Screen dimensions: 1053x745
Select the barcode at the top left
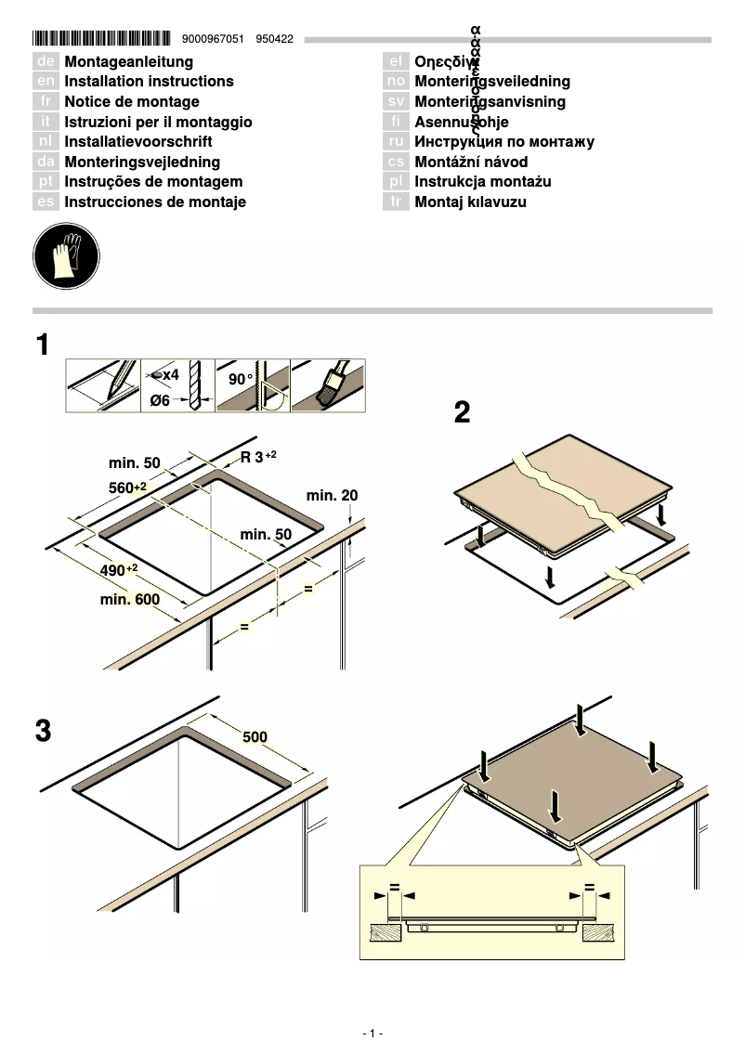[101, 39]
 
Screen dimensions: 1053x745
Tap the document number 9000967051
[215, 40]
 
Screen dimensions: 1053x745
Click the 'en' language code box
[46, 82]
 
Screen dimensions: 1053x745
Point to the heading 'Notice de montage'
[131, 102]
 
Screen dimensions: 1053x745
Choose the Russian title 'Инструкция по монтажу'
[503, 142]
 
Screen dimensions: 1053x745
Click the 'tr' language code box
[396, 202]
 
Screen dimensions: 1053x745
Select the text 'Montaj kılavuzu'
[470, 202]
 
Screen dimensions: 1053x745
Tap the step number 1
[43, 345]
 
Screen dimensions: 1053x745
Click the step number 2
[462, 412]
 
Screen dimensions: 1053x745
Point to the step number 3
[43, 731]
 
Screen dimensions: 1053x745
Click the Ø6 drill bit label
[161, 400]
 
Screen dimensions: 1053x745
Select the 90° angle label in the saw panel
[241, 379]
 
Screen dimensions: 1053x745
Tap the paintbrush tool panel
[328, 385]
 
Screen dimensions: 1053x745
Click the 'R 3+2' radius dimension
[258, 457]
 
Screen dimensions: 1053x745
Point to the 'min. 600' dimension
[130, 600]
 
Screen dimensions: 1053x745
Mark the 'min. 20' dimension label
[332, 496]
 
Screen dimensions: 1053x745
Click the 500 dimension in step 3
[255, 737]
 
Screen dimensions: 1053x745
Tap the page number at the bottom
[372, 1033]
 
